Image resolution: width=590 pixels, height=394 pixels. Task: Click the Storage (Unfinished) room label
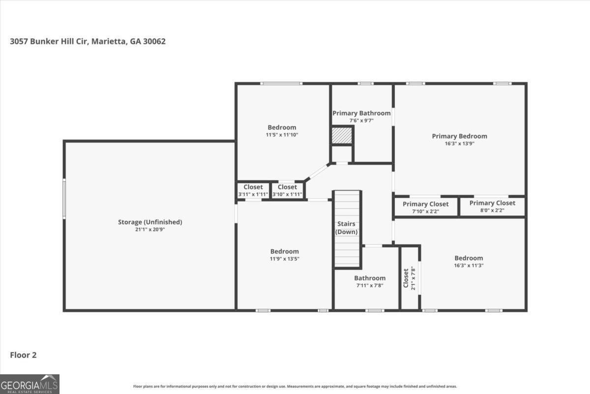tap(150, 222)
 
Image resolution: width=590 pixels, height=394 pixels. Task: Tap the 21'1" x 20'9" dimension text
tap(150, 230)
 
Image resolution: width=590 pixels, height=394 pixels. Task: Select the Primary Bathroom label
tap(361, 113)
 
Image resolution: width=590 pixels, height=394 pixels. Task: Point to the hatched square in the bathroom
tap(342, 135)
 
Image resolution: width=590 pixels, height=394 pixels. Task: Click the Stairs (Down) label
tap(346, 228)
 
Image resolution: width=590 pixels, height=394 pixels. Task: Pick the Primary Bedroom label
tap(459, 136)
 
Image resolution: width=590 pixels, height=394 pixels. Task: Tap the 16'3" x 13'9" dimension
tap(459, 143)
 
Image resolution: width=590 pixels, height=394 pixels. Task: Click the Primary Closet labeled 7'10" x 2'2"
tap(425, 204)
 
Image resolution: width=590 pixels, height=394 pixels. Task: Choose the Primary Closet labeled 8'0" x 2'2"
tap(492, 203)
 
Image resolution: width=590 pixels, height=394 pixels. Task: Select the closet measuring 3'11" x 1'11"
tap(253, 187)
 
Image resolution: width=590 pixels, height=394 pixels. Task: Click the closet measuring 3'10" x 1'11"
tap(287, 187)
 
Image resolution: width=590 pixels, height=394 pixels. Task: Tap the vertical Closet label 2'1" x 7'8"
tap(406, 278)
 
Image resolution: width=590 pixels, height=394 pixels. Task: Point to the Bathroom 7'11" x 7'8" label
tap(370, 278)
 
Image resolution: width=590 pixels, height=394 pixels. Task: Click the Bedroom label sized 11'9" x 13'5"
tap(285, 251)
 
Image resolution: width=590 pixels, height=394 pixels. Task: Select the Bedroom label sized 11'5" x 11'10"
tap(282, 128)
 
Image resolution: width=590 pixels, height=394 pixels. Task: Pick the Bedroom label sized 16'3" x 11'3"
tap(469, 258)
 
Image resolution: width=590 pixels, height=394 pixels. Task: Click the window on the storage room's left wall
tap(64, 198)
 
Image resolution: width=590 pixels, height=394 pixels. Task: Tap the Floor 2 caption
tap(23, 355)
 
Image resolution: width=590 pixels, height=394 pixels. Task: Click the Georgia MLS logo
tap(29, 384)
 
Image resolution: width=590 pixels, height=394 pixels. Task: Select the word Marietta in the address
tap(108, 41)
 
